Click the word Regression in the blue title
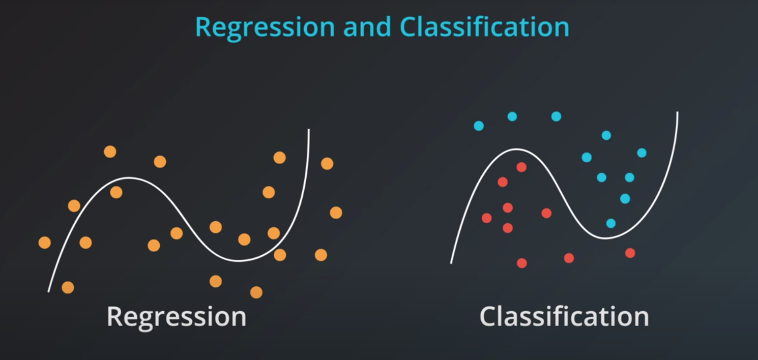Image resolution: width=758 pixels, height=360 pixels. (265, 27)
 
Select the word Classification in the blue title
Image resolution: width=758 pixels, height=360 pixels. (484, 27)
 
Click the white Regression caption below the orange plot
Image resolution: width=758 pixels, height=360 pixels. (177, 316)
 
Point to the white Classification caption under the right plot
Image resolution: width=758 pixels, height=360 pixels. (564, 316)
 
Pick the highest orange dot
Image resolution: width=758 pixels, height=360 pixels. (110, 152)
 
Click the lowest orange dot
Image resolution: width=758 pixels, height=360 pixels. (256, 292)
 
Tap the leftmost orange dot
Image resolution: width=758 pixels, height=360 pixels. (45, 243)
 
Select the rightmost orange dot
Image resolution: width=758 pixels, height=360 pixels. (336, 213)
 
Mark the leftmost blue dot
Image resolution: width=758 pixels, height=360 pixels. (479, 126)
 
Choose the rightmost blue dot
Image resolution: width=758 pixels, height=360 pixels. (642, 153)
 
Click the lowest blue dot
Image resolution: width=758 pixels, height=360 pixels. (611, 223)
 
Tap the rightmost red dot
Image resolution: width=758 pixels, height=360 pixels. (630, 253)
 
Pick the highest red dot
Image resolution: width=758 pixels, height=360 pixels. (521, 167)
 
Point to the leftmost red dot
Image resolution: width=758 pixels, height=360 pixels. (487, 218)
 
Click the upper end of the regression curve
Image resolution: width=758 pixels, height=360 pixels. (308, 130)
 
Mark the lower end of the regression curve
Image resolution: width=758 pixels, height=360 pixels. (49, 291)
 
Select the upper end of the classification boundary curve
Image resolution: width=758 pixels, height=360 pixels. (678, 113)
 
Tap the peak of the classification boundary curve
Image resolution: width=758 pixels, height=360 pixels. (516, 149)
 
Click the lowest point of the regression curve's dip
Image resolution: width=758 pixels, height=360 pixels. (239, 261)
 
